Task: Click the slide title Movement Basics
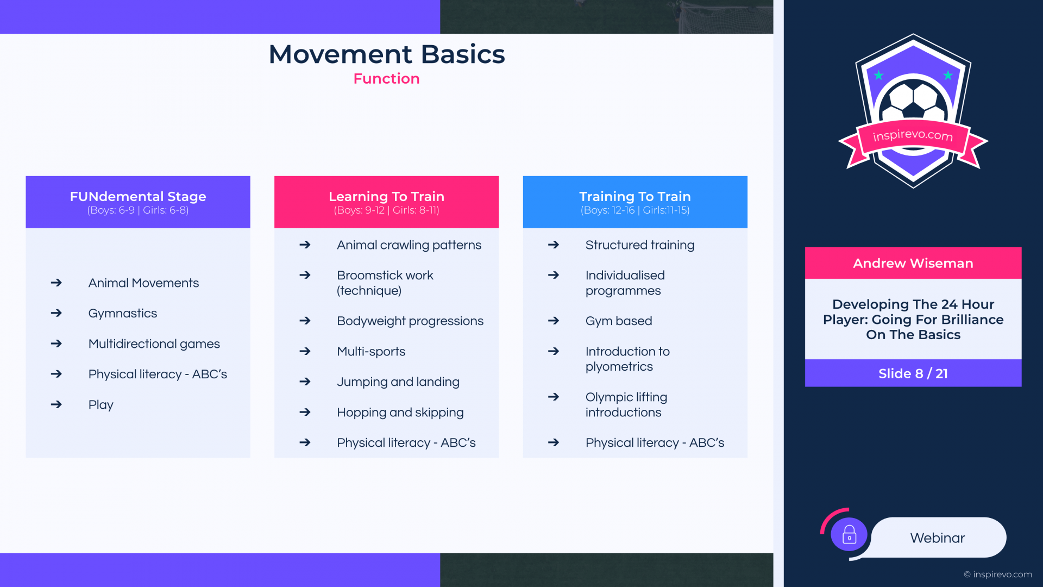387,54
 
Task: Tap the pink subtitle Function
386,79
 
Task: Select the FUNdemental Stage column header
138,196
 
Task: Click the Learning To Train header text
386,196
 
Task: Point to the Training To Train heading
635,196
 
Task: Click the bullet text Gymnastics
123,314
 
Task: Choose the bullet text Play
101,405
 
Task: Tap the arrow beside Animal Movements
56,283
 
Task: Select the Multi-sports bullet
371,352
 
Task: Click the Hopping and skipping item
400,413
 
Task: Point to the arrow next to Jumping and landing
305,382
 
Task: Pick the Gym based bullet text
619,321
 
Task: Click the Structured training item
640,245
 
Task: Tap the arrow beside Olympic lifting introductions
554,397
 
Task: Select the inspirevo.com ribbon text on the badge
913,135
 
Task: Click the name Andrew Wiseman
913,264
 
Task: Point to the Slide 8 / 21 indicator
913,373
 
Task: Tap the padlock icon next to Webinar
849,535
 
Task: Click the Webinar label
938,538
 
